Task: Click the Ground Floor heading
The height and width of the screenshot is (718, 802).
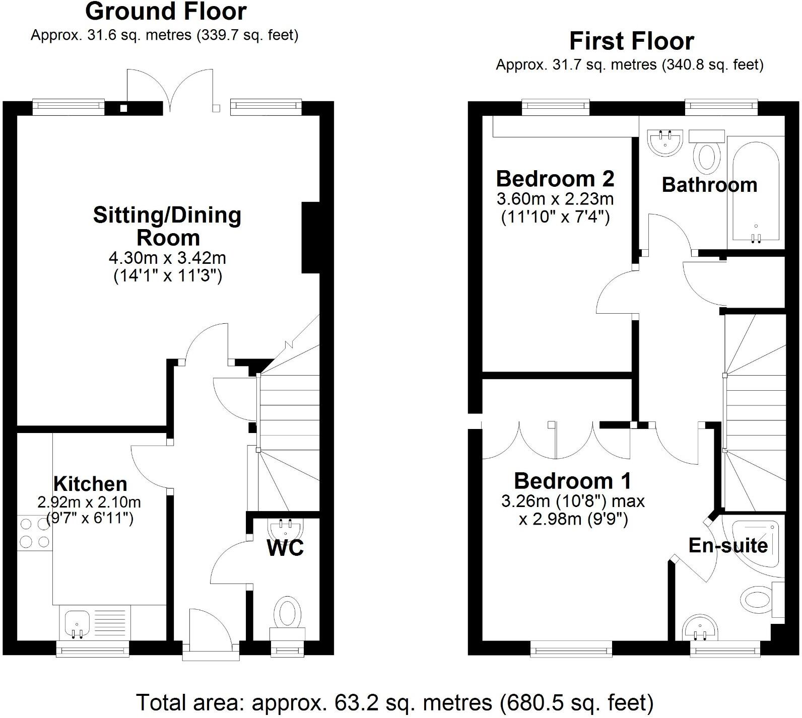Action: point(166,11)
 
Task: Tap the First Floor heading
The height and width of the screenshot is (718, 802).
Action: point(632,41)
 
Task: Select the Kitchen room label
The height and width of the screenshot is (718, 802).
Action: point(90,484)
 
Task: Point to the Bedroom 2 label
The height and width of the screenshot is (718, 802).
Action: point(555,179)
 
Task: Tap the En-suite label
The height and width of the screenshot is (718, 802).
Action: point(728,545)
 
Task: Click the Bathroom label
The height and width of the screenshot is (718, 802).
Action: point(709,185)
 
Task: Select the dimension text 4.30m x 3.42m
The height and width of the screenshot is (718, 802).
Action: point(167,258)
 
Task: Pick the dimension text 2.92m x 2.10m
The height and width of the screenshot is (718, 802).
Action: point(89,502)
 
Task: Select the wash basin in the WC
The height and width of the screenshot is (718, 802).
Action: point(286,530)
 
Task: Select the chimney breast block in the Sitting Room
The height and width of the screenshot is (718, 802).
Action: point(310,237)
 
